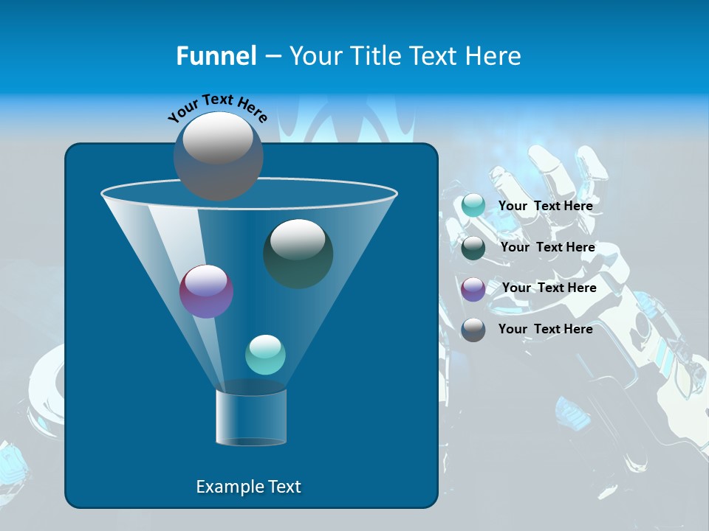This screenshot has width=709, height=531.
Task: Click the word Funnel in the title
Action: coord(216,56)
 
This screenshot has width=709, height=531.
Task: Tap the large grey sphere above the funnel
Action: coord(218,156)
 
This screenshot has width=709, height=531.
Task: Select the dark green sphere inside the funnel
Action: coord(298,253)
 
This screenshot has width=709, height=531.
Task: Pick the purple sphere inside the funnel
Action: coord(206,291)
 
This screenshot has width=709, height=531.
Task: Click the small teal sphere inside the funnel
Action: coord(265,355)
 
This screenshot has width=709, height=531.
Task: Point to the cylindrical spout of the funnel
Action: coord(251,417)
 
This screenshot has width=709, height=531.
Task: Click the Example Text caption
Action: coord(248,487)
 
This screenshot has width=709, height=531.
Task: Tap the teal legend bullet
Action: coord(473,206)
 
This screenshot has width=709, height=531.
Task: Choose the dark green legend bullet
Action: coord(473,248)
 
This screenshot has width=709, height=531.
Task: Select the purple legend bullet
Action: coord(473,289)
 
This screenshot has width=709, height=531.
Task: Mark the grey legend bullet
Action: coord(473,330)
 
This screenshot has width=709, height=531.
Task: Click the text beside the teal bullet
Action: coord(545,206)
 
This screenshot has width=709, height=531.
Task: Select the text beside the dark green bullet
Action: coord(547,247)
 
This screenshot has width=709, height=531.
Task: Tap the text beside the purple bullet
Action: coord(549,288)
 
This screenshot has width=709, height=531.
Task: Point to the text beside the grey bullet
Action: coord(545,329)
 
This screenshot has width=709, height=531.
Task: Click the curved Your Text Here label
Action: coord(218,106)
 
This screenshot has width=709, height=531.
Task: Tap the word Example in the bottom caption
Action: coord(229,487)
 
